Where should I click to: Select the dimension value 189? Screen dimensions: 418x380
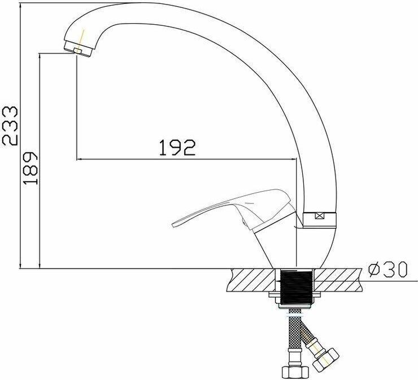point(30,168)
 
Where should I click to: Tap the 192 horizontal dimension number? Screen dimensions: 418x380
point(177,147)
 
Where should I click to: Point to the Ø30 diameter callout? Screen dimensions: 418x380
point(388,269)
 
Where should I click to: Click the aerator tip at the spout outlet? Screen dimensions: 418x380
point(78,51)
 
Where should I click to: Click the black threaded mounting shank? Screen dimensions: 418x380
point(296,287)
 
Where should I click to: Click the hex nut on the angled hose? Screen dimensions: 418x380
point(326,359)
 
